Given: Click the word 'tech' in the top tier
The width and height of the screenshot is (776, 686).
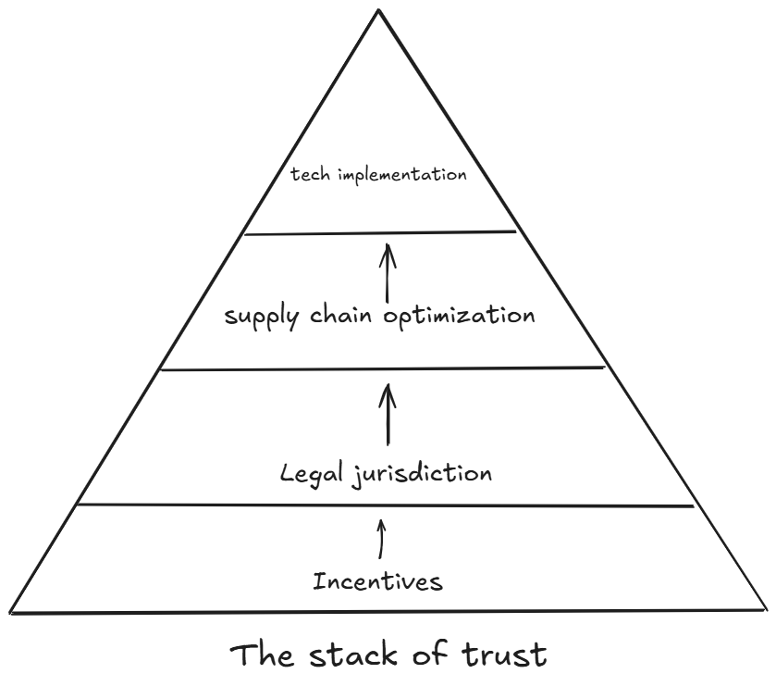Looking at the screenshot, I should (x=309, y=175).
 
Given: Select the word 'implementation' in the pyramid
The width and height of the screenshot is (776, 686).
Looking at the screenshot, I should (x=400, y=175).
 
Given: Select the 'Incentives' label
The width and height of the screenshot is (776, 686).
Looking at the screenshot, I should (x=377, y=582).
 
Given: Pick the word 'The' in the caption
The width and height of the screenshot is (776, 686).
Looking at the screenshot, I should (x=265, y=655).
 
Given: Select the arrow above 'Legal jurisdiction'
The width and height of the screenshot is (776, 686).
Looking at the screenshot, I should (x=388, y=416).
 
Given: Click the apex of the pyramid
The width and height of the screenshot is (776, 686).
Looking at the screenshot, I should (x=378, y=9).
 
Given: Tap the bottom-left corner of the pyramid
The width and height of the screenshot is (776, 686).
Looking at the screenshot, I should (x=11, y=611).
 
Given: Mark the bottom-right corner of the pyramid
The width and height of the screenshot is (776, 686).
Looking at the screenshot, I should (x=766, y=609).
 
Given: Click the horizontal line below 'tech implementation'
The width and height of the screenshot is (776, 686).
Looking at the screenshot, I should (x=379, y=232).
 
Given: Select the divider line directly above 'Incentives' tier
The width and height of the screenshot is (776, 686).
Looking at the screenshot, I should (x=384, y=505).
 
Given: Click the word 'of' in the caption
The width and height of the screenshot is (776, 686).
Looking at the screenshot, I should (x=434, y=655).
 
